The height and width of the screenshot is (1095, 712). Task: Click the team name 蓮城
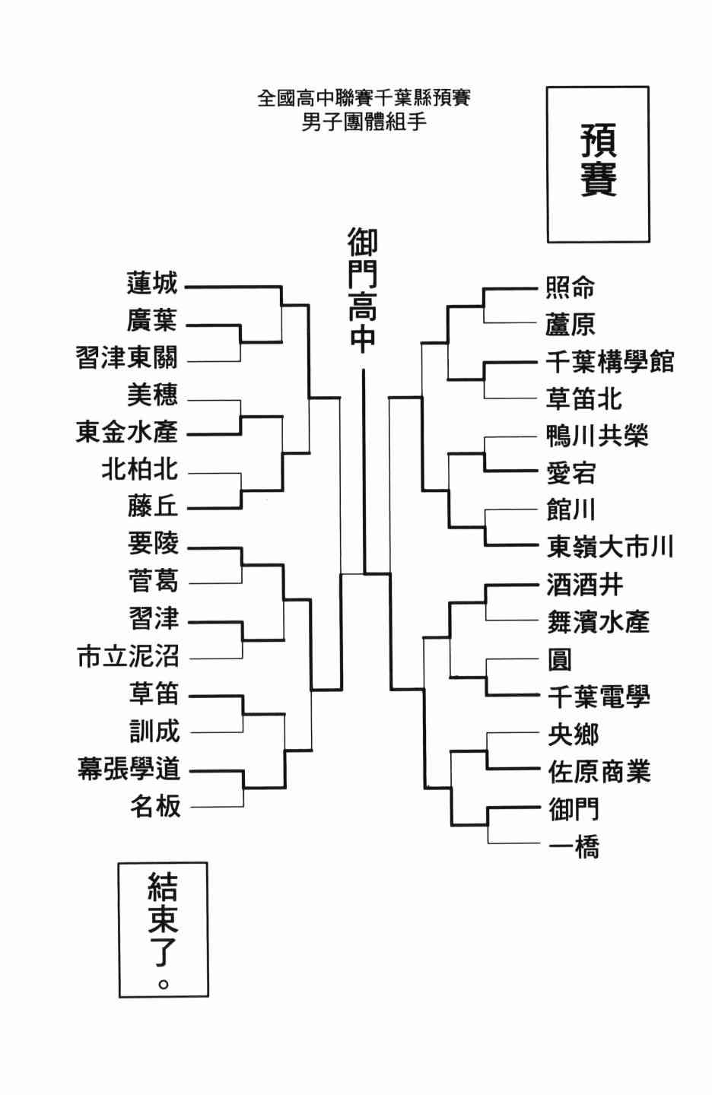pyautogui.click(x=152, y=284)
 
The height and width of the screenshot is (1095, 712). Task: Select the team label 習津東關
pyautogui.click(x=126, y=357)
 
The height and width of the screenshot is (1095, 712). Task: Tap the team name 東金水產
pyautogui.click(x=126, y=432)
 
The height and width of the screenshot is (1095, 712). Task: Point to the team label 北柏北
pyautogui.click(x=140, y=469)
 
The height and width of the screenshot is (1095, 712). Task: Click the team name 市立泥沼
pyautogui.click(x=128, y=656)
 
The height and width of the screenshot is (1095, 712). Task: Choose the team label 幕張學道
pyautogui.click(x=129, y=769)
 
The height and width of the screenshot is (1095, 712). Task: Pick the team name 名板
pyautogui.click(x=155, y=806)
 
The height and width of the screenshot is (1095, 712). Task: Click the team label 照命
pyautogui.click(x=571, y=287)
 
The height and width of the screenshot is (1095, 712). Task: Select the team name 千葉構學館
pyautogui.click(x=610, y=362)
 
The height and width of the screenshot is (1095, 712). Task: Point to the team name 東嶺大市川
pyautogui.click(x=610, y=547)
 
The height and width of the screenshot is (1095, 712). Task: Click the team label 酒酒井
pyautogui.click(x=585, y=586)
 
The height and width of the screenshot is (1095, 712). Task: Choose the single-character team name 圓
pyautogui.click(x=560, y=659)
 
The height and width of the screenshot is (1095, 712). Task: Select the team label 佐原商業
pyautogui.click(x=599, y=772)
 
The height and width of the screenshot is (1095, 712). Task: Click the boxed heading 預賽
pyautogui.click(x=599, y=160)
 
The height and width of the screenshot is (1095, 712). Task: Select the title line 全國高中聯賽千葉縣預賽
pyautogui.click(x=364, y=98)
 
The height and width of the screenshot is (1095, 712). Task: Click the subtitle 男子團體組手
pyautogui.click(x=364, y=122)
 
